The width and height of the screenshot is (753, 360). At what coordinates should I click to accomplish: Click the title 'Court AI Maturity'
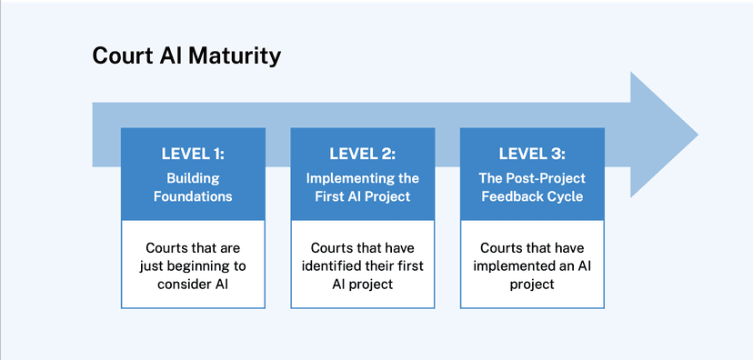click(x=186, y=56)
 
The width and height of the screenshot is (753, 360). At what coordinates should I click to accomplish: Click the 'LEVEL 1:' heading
click(x=193, y=154)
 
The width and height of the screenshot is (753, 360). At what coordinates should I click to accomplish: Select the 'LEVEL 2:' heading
click(x=362, y=154)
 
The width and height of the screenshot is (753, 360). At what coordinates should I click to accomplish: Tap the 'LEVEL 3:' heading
click(x=532, y=154)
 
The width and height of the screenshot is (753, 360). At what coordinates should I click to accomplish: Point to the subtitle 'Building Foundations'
click(x=193, y=186)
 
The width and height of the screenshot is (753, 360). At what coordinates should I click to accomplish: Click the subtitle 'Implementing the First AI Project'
click(x=362, y=186)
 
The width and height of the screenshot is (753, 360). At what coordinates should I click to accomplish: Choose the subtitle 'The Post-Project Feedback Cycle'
click(x=532, y=186)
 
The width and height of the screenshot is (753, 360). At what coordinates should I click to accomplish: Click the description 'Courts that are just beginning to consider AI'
click(x=193, y=265)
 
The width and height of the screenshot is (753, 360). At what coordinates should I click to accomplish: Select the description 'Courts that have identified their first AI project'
click(x=362, y=265)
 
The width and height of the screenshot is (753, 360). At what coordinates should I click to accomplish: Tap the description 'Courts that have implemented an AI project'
click(x=532, y=265)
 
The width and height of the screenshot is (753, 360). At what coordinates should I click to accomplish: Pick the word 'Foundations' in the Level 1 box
click(x=193, y=195)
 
